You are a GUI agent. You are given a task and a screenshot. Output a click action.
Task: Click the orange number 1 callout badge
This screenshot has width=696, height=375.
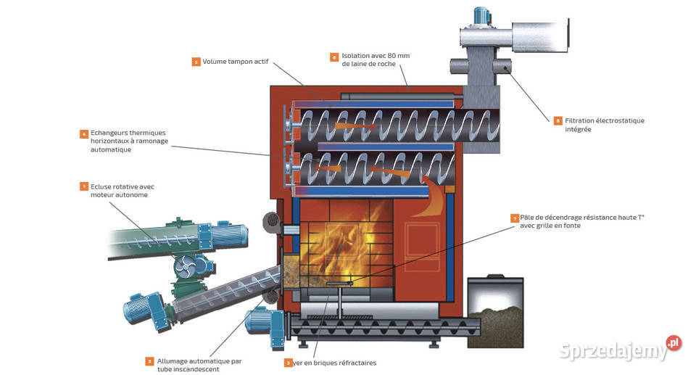pos(84,186)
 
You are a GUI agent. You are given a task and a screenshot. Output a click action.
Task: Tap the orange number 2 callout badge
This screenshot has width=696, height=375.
pos(149,360)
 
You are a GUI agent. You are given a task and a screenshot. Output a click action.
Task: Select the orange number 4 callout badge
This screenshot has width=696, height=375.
pos(84,133)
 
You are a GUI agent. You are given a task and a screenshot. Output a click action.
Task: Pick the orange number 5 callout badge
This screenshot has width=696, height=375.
pos(196,62)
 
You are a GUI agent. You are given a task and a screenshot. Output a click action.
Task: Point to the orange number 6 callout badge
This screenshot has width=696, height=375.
pos(557,120)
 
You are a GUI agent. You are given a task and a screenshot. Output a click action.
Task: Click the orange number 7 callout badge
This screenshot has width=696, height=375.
pos(515,218)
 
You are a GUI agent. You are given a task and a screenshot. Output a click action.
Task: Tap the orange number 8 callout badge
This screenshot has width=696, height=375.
pos(334,56)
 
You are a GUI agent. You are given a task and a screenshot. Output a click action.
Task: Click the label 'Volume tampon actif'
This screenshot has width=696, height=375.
pos(236,62)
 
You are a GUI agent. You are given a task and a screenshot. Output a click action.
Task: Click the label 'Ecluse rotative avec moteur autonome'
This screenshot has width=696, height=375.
pos(123,191)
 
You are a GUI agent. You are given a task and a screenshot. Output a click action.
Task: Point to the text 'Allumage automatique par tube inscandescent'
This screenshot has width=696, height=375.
pos(199,365)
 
